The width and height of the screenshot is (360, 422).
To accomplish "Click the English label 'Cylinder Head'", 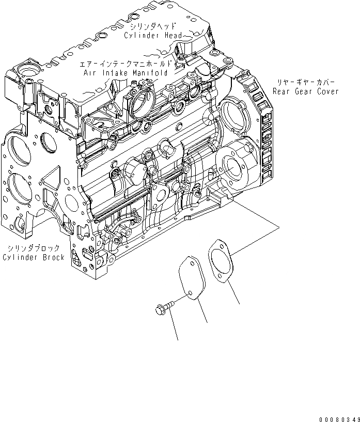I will (153, 35).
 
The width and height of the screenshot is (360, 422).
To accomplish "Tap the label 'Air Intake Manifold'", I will (126, 73).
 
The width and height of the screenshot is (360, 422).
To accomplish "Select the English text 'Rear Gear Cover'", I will (306, 91).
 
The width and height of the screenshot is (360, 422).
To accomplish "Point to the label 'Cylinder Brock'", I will (34, 257).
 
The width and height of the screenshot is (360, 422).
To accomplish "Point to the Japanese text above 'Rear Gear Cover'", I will (306, 82).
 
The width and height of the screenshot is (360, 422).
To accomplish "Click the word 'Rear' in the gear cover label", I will (282, 91).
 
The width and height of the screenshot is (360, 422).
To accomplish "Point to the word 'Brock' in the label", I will (53, 257).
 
